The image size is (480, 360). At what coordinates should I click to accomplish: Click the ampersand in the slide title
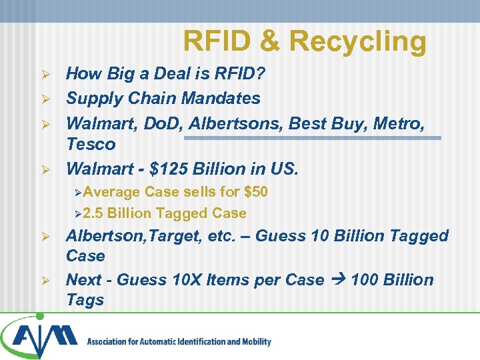click(x=270, y=41)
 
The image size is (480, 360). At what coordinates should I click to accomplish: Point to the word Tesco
click(x=91, y=144)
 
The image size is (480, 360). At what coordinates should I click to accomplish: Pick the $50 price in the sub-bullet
click(x=256, y=192)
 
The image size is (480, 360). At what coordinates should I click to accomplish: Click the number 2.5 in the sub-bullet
click(x=93, y=214)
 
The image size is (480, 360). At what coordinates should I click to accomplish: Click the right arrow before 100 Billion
click(x=337, y=280)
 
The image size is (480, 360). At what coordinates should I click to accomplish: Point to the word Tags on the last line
click(x=85, y=300)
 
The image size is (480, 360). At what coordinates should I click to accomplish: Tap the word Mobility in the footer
click(x=253, y=342)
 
